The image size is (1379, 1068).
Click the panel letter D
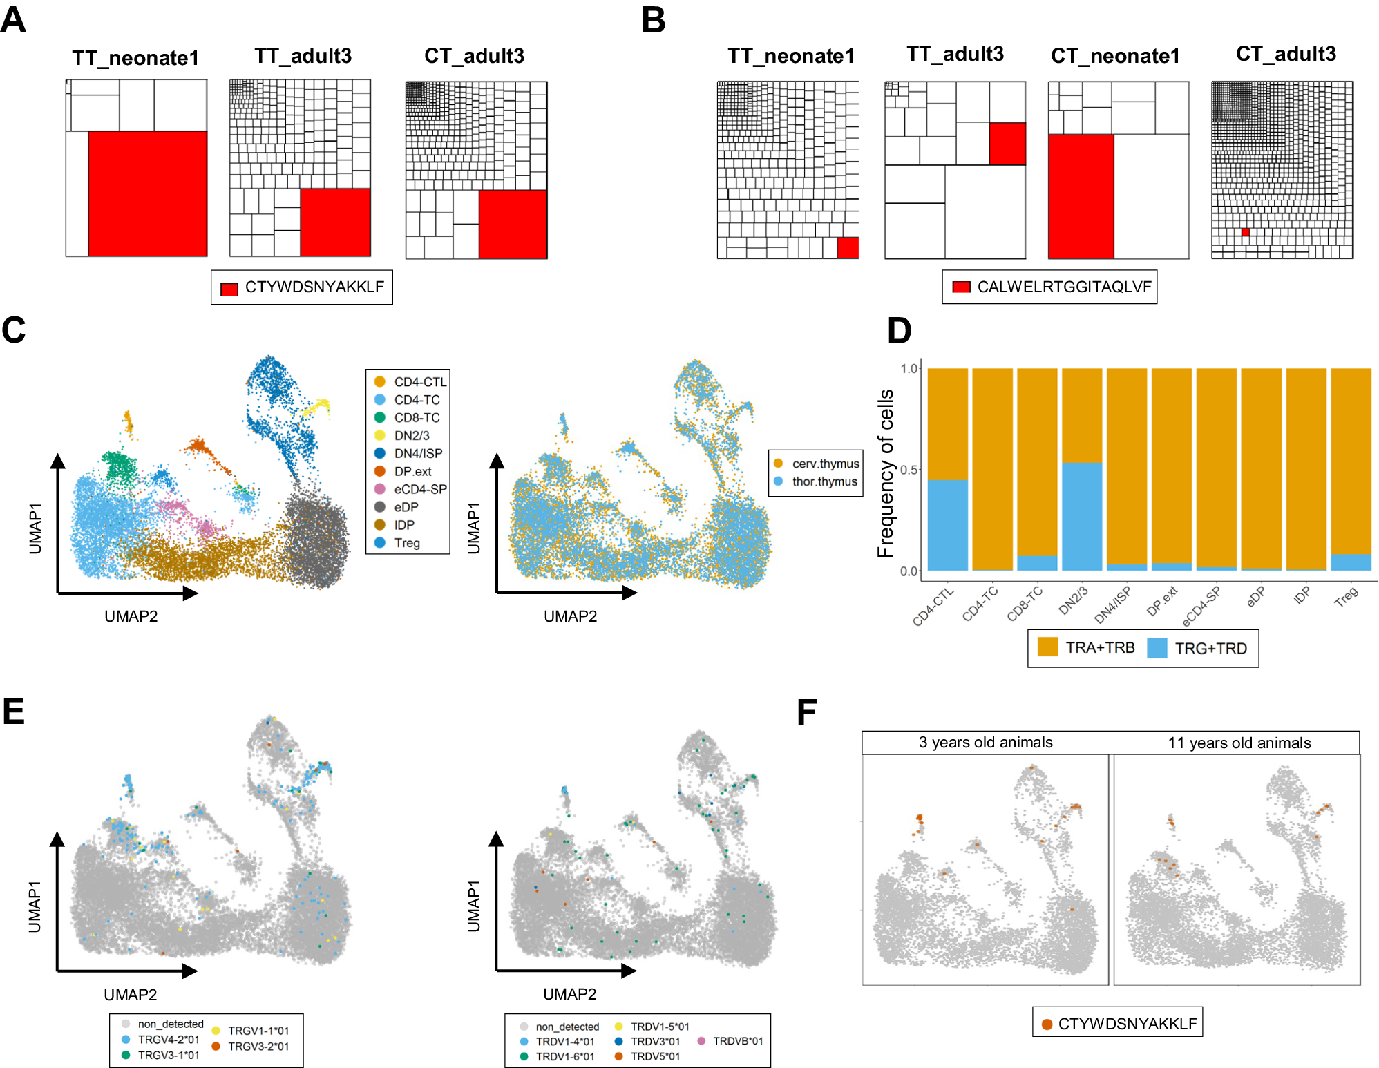tap(899, 331)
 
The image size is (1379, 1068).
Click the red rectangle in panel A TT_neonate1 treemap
tap(147, 193)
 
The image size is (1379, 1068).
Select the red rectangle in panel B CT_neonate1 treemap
tap(1081, 196)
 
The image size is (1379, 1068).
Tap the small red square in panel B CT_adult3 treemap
tap(1245, 232)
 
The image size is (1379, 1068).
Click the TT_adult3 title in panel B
tap(955, 54)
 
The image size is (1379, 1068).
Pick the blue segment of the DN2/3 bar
tap(1081, 516)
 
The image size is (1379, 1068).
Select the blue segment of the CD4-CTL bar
tap(947, 525)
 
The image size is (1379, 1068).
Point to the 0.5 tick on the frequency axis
tap(909, 470)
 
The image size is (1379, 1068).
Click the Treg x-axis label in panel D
tap(1346, 596)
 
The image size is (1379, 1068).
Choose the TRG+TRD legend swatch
tap(1157, 648)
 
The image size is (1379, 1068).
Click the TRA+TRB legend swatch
tap(1047, 647)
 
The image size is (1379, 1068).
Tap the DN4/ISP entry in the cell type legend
tap(417, 453)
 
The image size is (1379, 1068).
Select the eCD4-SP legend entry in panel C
tap(419, 489)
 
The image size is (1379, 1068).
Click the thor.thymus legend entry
tap(824, 481)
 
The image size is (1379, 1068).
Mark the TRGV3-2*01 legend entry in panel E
tap(258, 1047)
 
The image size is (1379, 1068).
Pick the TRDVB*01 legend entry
tap(737, 1041)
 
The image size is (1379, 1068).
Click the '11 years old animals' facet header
tap(1239, 743)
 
